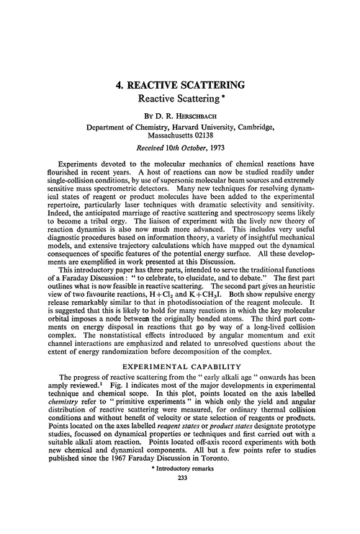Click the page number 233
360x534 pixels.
tap(180, 522)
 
